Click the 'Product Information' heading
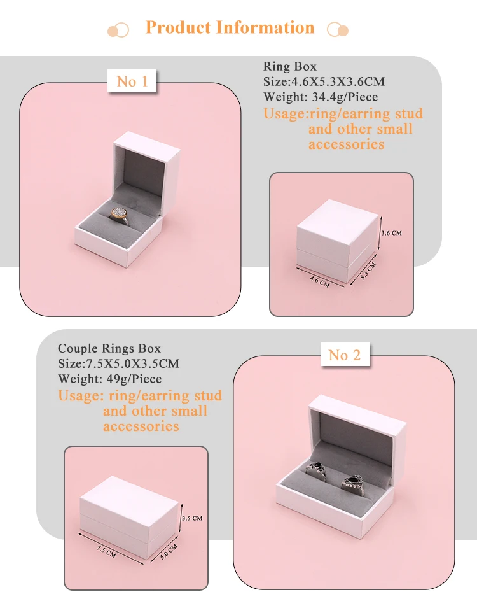pos(230,28)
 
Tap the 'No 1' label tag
pos(132,81)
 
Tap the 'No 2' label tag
pos(345,355)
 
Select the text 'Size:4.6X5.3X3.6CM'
pos(324,82)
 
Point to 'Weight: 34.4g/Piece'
pos(321,97)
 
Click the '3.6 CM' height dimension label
pos(391,234)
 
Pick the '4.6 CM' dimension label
pos(319,281)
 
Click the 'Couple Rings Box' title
pos(109,349)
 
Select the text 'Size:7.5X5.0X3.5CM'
pos(118,364)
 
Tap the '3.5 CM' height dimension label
pos(191,519)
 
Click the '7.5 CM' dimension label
pos(106,551)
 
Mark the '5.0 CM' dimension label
pos(168,551)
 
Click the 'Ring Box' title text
pos(289,67)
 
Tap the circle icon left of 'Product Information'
pos(118,29)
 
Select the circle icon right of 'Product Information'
pos(337,29)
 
